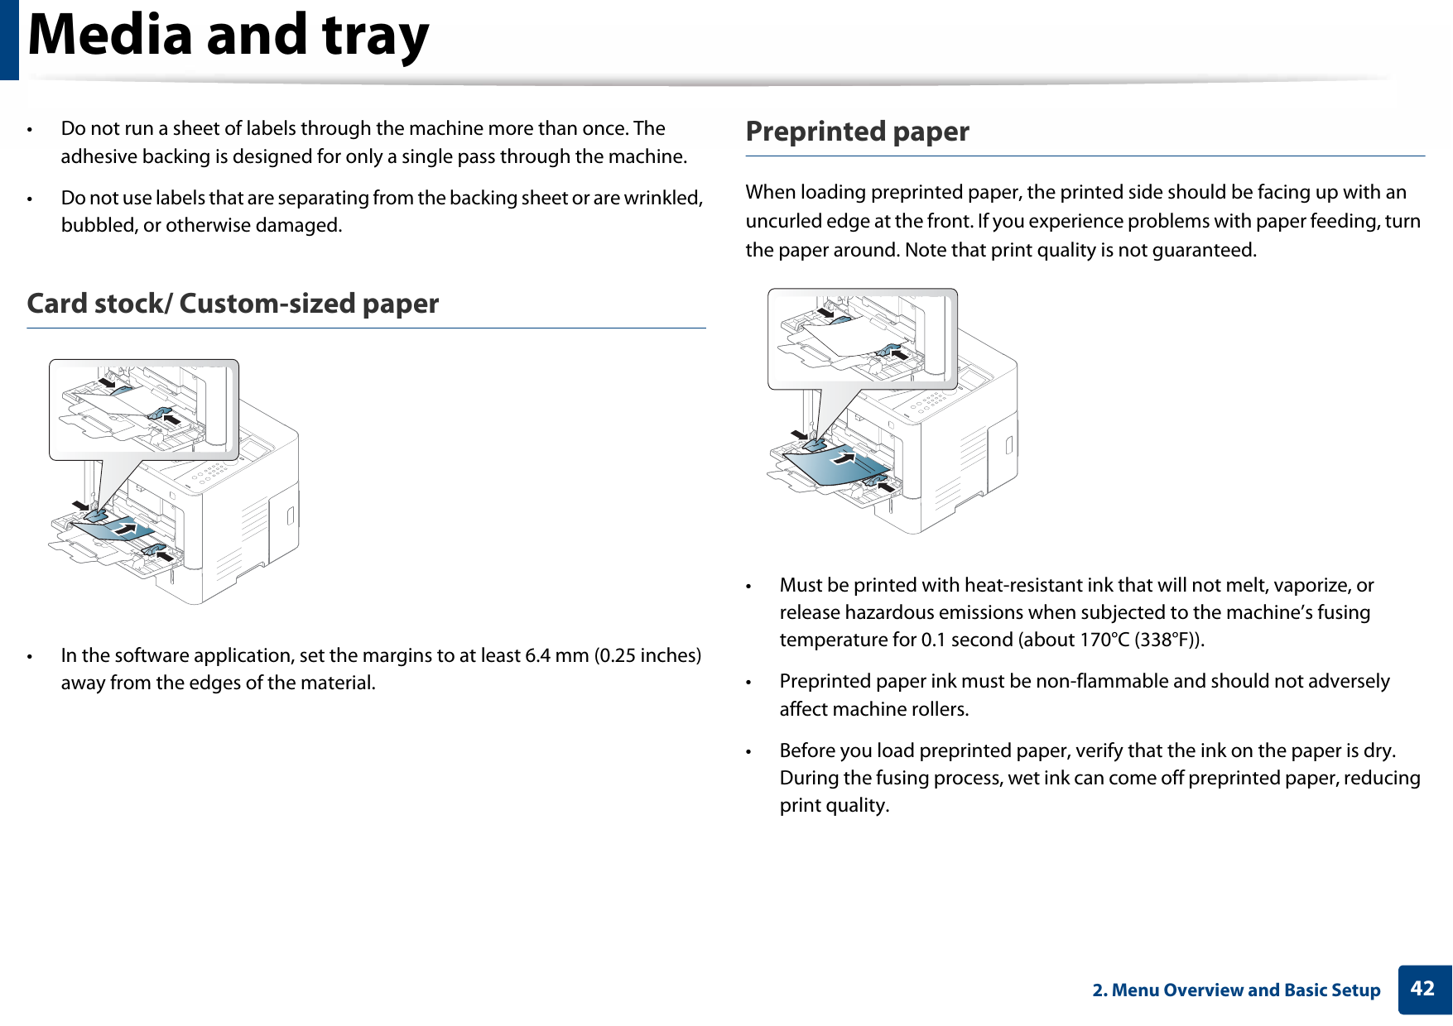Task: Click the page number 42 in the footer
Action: click(x=1422, y=989)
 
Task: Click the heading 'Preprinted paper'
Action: click(x=857, y=132)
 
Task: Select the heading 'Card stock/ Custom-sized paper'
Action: click(x=233, y=304)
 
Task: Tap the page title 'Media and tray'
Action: click(x=229, y=36)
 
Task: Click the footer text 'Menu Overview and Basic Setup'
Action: click(x=1245, y=990)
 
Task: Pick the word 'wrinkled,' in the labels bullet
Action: click(x=663, y=198)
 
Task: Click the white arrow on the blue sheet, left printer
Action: click(x=126, y=526)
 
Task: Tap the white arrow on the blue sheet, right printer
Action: click(x=844, y=456)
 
